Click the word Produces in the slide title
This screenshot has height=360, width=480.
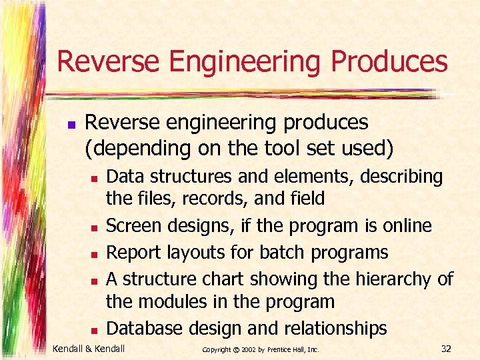[389, 61]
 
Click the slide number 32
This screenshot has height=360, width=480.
[447, 348]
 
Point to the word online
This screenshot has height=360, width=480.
[407, 226]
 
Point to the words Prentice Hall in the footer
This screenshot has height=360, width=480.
[289, 349]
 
